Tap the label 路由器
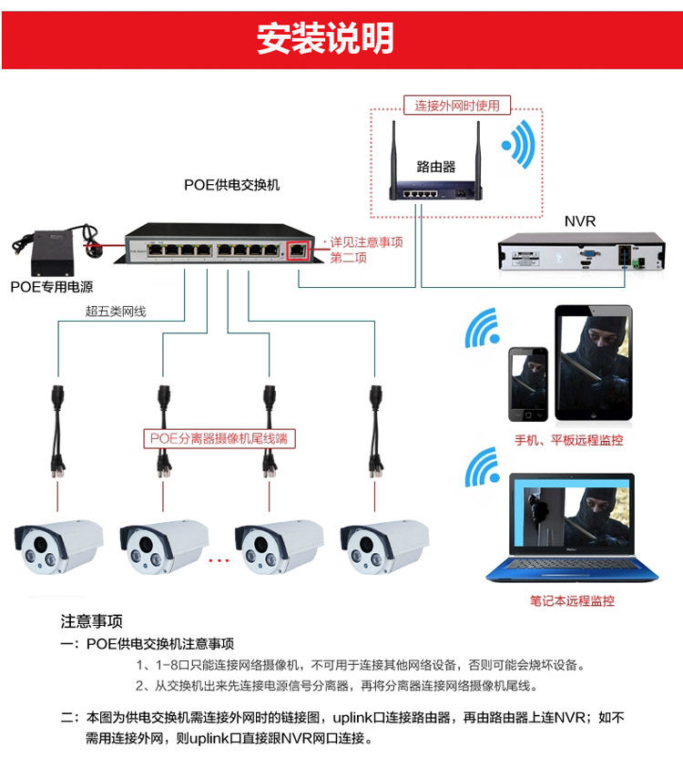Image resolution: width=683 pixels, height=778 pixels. point(435,166)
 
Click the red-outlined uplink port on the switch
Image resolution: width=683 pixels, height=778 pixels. point(298,247)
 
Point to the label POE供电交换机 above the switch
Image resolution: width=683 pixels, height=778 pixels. point(231,185)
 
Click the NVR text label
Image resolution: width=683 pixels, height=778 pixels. point(579,221)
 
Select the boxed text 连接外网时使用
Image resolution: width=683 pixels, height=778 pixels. point(457,105)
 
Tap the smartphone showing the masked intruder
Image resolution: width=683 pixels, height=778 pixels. point(528,383)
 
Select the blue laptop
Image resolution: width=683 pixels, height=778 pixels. point(572,528)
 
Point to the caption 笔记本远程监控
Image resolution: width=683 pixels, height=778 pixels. point(572,601)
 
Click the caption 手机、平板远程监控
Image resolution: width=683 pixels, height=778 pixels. point(569,440)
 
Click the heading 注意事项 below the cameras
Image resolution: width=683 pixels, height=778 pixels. point(91,622)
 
